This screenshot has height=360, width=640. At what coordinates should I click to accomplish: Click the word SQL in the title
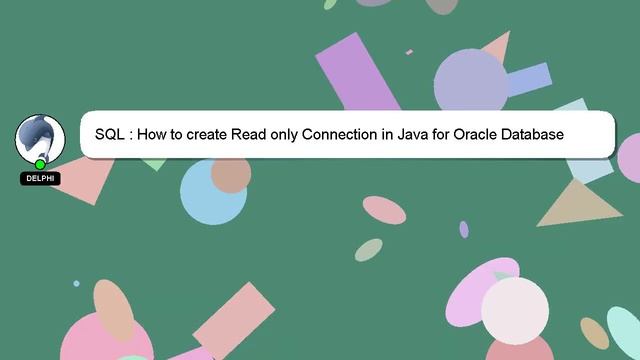tap(109, 134)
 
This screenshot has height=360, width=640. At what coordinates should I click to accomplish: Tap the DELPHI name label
tap(40, 179)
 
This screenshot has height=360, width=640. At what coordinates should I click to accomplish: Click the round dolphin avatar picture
tap(40, 138)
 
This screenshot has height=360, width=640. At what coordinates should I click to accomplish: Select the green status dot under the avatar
tap(40, 164)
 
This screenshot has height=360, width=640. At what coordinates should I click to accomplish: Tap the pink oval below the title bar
tap(384, 210)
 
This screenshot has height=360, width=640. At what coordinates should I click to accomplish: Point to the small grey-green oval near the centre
tap(369, 249)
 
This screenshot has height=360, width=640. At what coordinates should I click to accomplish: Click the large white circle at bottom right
tap(515, 311)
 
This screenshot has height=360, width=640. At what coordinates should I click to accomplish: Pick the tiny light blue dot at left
tap(76, 284)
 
